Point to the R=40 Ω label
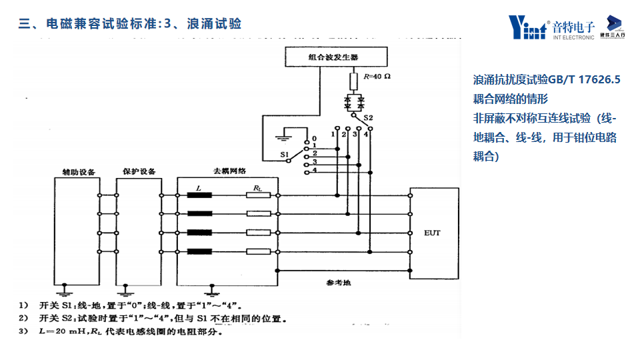click(x=377, y=76)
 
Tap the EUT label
click(x=432, y=233)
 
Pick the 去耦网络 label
click(x=229, y=171)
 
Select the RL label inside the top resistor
click(x=257, y=190)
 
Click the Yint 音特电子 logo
click(x=551, y=27)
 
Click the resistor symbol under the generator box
click(x=355, y=82)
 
